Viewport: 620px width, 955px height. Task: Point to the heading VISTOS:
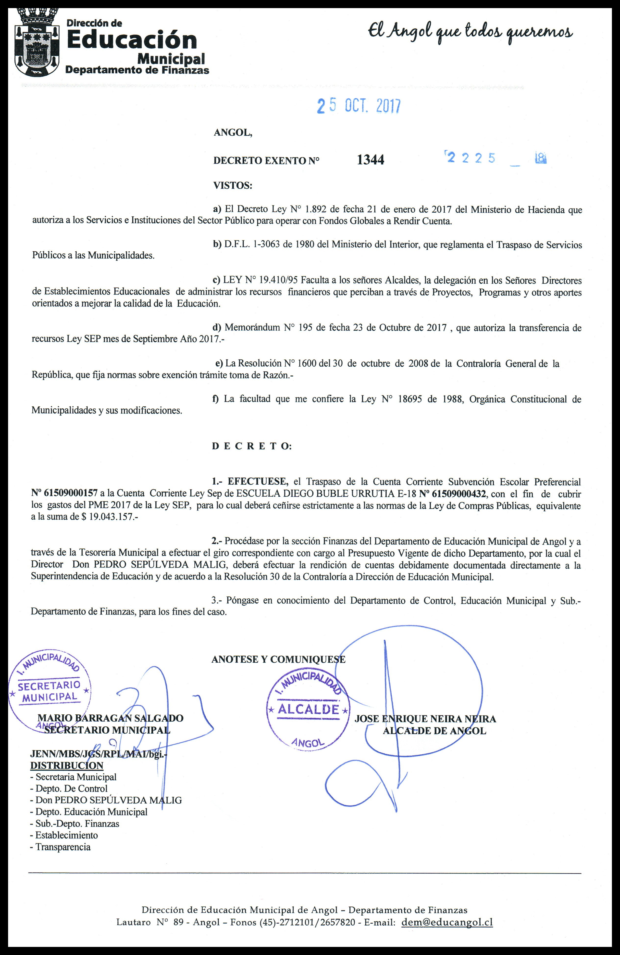233,186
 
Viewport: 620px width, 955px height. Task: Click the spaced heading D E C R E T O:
251,446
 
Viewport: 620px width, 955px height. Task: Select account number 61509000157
64,493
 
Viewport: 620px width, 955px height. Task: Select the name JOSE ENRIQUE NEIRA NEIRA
425,719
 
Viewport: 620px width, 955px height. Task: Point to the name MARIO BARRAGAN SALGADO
110,718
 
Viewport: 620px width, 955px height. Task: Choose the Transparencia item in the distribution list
63,847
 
